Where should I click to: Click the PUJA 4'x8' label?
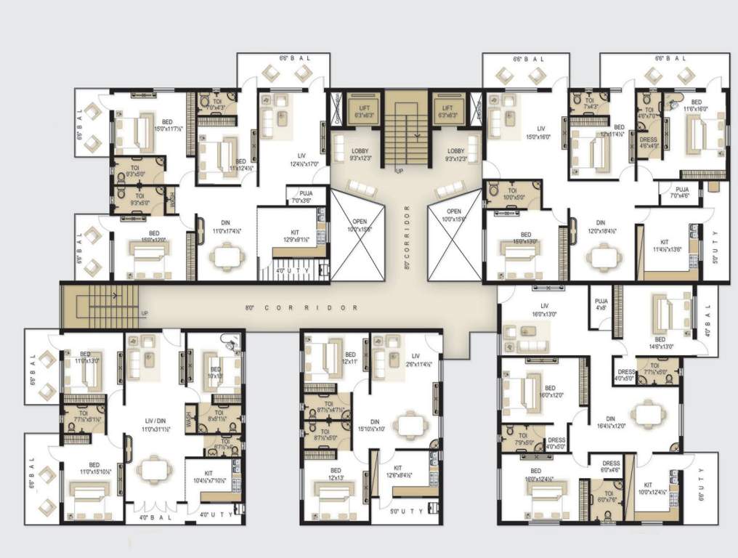[x=601, y=304]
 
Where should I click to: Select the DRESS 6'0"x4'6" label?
[x=610, y=466]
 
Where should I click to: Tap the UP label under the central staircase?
[x=398, y=171]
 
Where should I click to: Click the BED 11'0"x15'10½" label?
[x=94, y=469]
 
